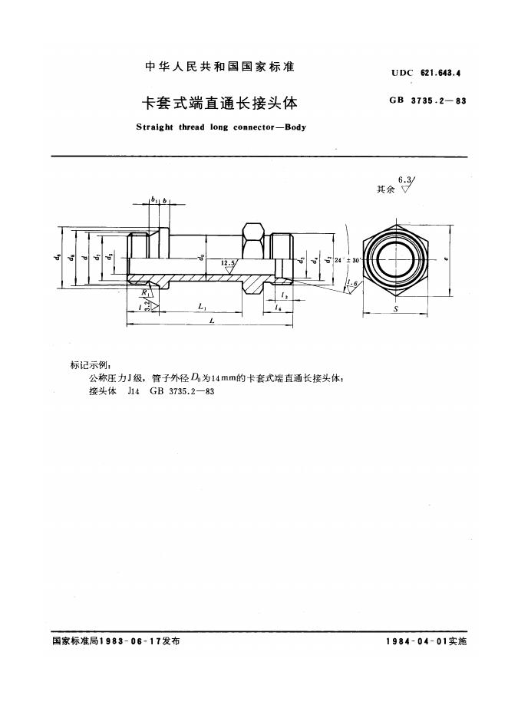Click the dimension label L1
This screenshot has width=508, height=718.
[201, 307]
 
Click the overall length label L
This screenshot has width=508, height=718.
[209, 321]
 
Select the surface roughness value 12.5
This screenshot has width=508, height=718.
[228, 263]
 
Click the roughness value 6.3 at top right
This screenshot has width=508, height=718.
[404, 179]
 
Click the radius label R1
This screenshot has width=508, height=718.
[144, 293]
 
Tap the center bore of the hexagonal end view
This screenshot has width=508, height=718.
[394, 261]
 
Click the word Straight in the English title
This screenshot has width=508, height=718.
[153, 127]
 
